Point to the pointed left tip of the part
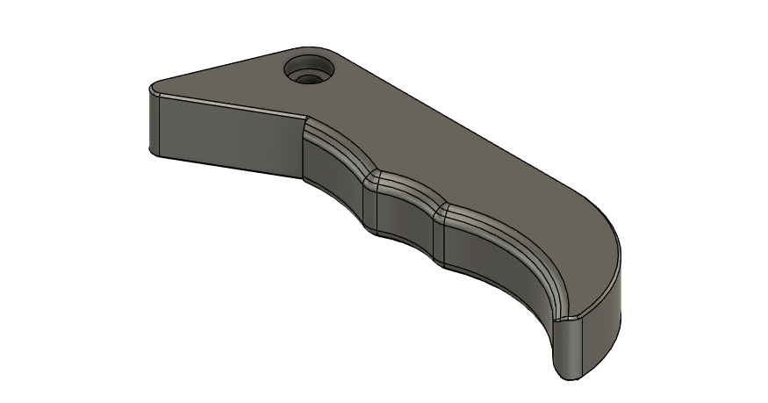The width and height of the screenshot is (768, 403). tap(154, 89)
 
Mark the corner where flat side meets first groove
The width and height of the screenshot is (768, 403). tap(304, 149)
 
